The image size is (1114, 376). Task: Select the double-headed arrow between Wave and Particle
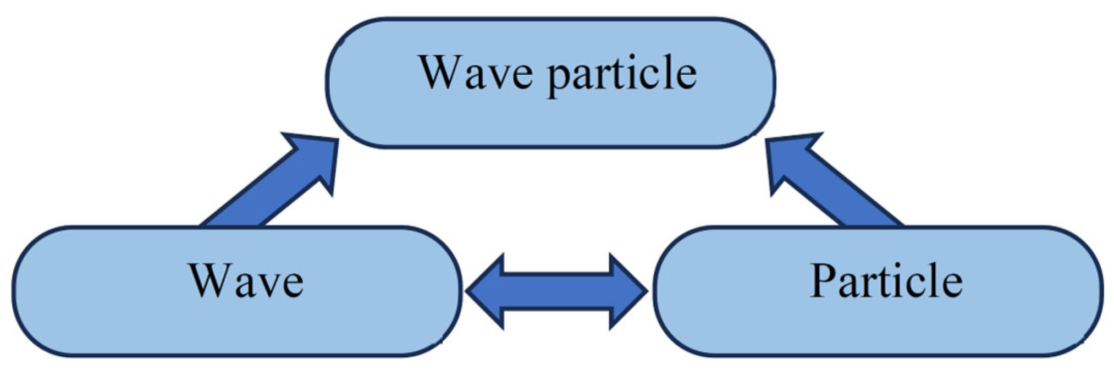click(x=556, y=291)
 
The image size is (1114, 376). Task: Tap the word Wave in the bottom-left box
click(x=246, y=281)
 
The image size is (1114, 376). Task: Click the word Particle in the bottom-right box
click(x=886, y=281)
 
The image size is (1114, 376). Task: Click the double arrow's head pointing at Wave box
click(x=487, y=291)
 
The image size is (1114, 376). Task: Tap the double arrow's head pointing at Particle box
click(x=627, y=291)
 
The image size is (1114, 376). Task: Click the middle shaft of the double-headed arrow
click(x=556, y=291)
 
